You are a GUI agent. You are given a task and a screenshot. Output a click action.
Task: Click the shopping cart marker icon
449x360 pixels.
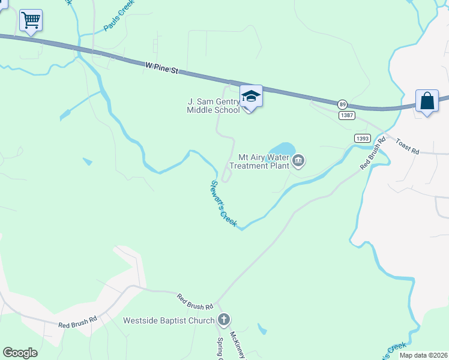coord(31,20)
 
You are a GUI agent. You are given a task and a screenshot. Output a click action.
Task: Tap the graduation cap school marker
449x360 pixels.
coord(251,96)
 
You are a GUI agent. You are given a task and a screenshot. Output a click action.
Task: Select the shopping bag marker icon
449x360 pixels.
coord(427,101)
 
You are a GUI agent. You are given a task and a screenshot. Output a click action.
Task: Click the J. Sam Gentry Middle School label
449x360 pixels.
coord(213,106)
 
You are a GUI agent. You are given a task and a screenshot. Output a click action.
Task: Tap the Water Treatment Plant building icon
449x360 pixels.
coord(299,161)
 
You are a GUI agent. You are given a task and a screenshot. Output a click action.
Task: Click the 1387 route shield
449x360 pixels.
coord(346,115)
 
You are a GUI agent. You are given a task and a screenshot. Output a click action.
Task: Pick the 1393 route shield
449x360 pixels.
coord(362,137)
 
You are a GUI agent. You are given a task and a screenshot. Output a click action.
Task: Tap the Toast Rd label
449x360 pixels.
coord(408,146)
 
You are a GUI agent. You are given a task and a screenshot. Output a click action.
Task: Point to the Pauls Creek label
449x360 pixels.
coord(119,15)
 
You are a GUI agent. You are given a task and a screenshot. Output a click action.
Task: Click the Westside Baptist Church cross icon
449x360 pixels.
coord(223,320)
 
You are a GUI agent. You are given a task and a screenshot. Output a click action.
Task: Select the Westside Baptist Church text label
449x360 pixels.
coord(168,320)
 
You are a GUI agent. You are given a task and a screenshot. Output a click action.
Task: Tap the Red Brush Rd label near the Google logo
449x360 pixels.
coord(77,323)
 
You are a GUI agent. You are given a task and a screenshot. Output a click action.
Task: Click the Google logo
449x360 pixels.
coord(20,353)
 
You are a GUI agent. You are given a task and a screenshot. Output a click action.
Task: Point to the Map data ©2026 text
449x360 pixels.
coord(423,355)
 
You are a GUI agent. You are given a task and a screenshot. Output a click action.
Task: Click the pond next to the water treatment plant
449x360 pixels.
coord(282,148)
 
